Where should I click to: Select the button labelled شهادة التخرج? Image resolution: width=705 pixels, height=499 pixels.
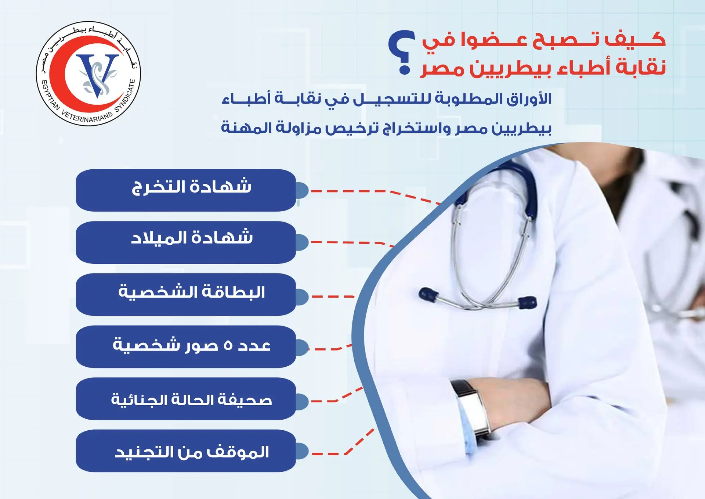[186, 190]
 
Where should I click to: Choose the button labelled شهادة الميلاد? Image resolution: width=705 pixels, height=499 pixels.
[186, 242]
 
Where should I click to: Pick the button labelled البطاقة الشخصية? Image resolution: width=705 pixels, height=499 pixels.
[186, 294]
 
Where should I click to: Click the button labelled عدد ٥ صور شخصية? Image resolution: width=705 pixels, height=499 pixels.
[186, 347]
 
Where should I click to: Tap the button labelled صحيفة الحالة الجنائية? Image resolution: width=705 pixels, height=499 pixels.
[186, 399]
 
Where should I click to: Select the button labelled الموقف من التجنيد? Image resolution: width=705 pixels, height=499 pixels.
[186, 451]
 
